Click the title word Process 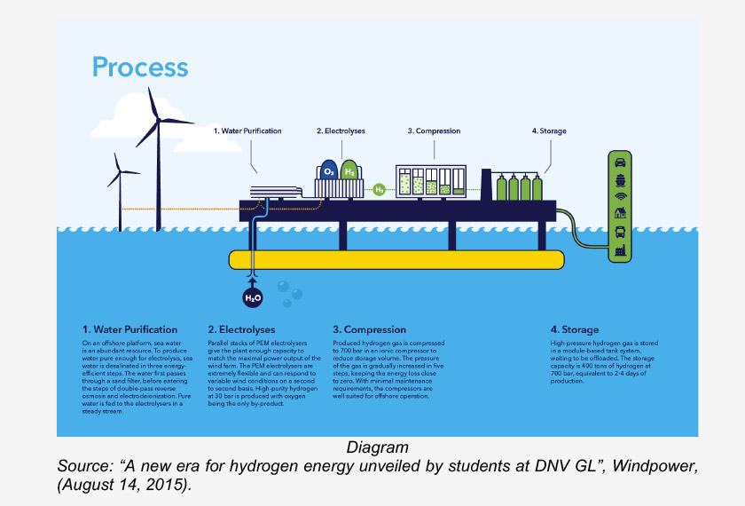140,67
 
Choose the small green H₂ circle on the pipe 379,189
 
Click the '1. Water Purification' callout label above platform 247,131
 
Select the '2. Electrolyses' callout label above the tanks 341,131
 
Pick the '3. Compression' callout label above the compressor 434,131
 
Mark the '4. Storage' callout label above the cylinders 549,131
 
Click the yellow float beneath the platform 396,259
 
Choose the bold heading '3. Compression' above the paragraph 369,330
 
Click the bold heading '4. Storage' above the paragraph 575,330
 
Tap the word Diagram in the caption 378,447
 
